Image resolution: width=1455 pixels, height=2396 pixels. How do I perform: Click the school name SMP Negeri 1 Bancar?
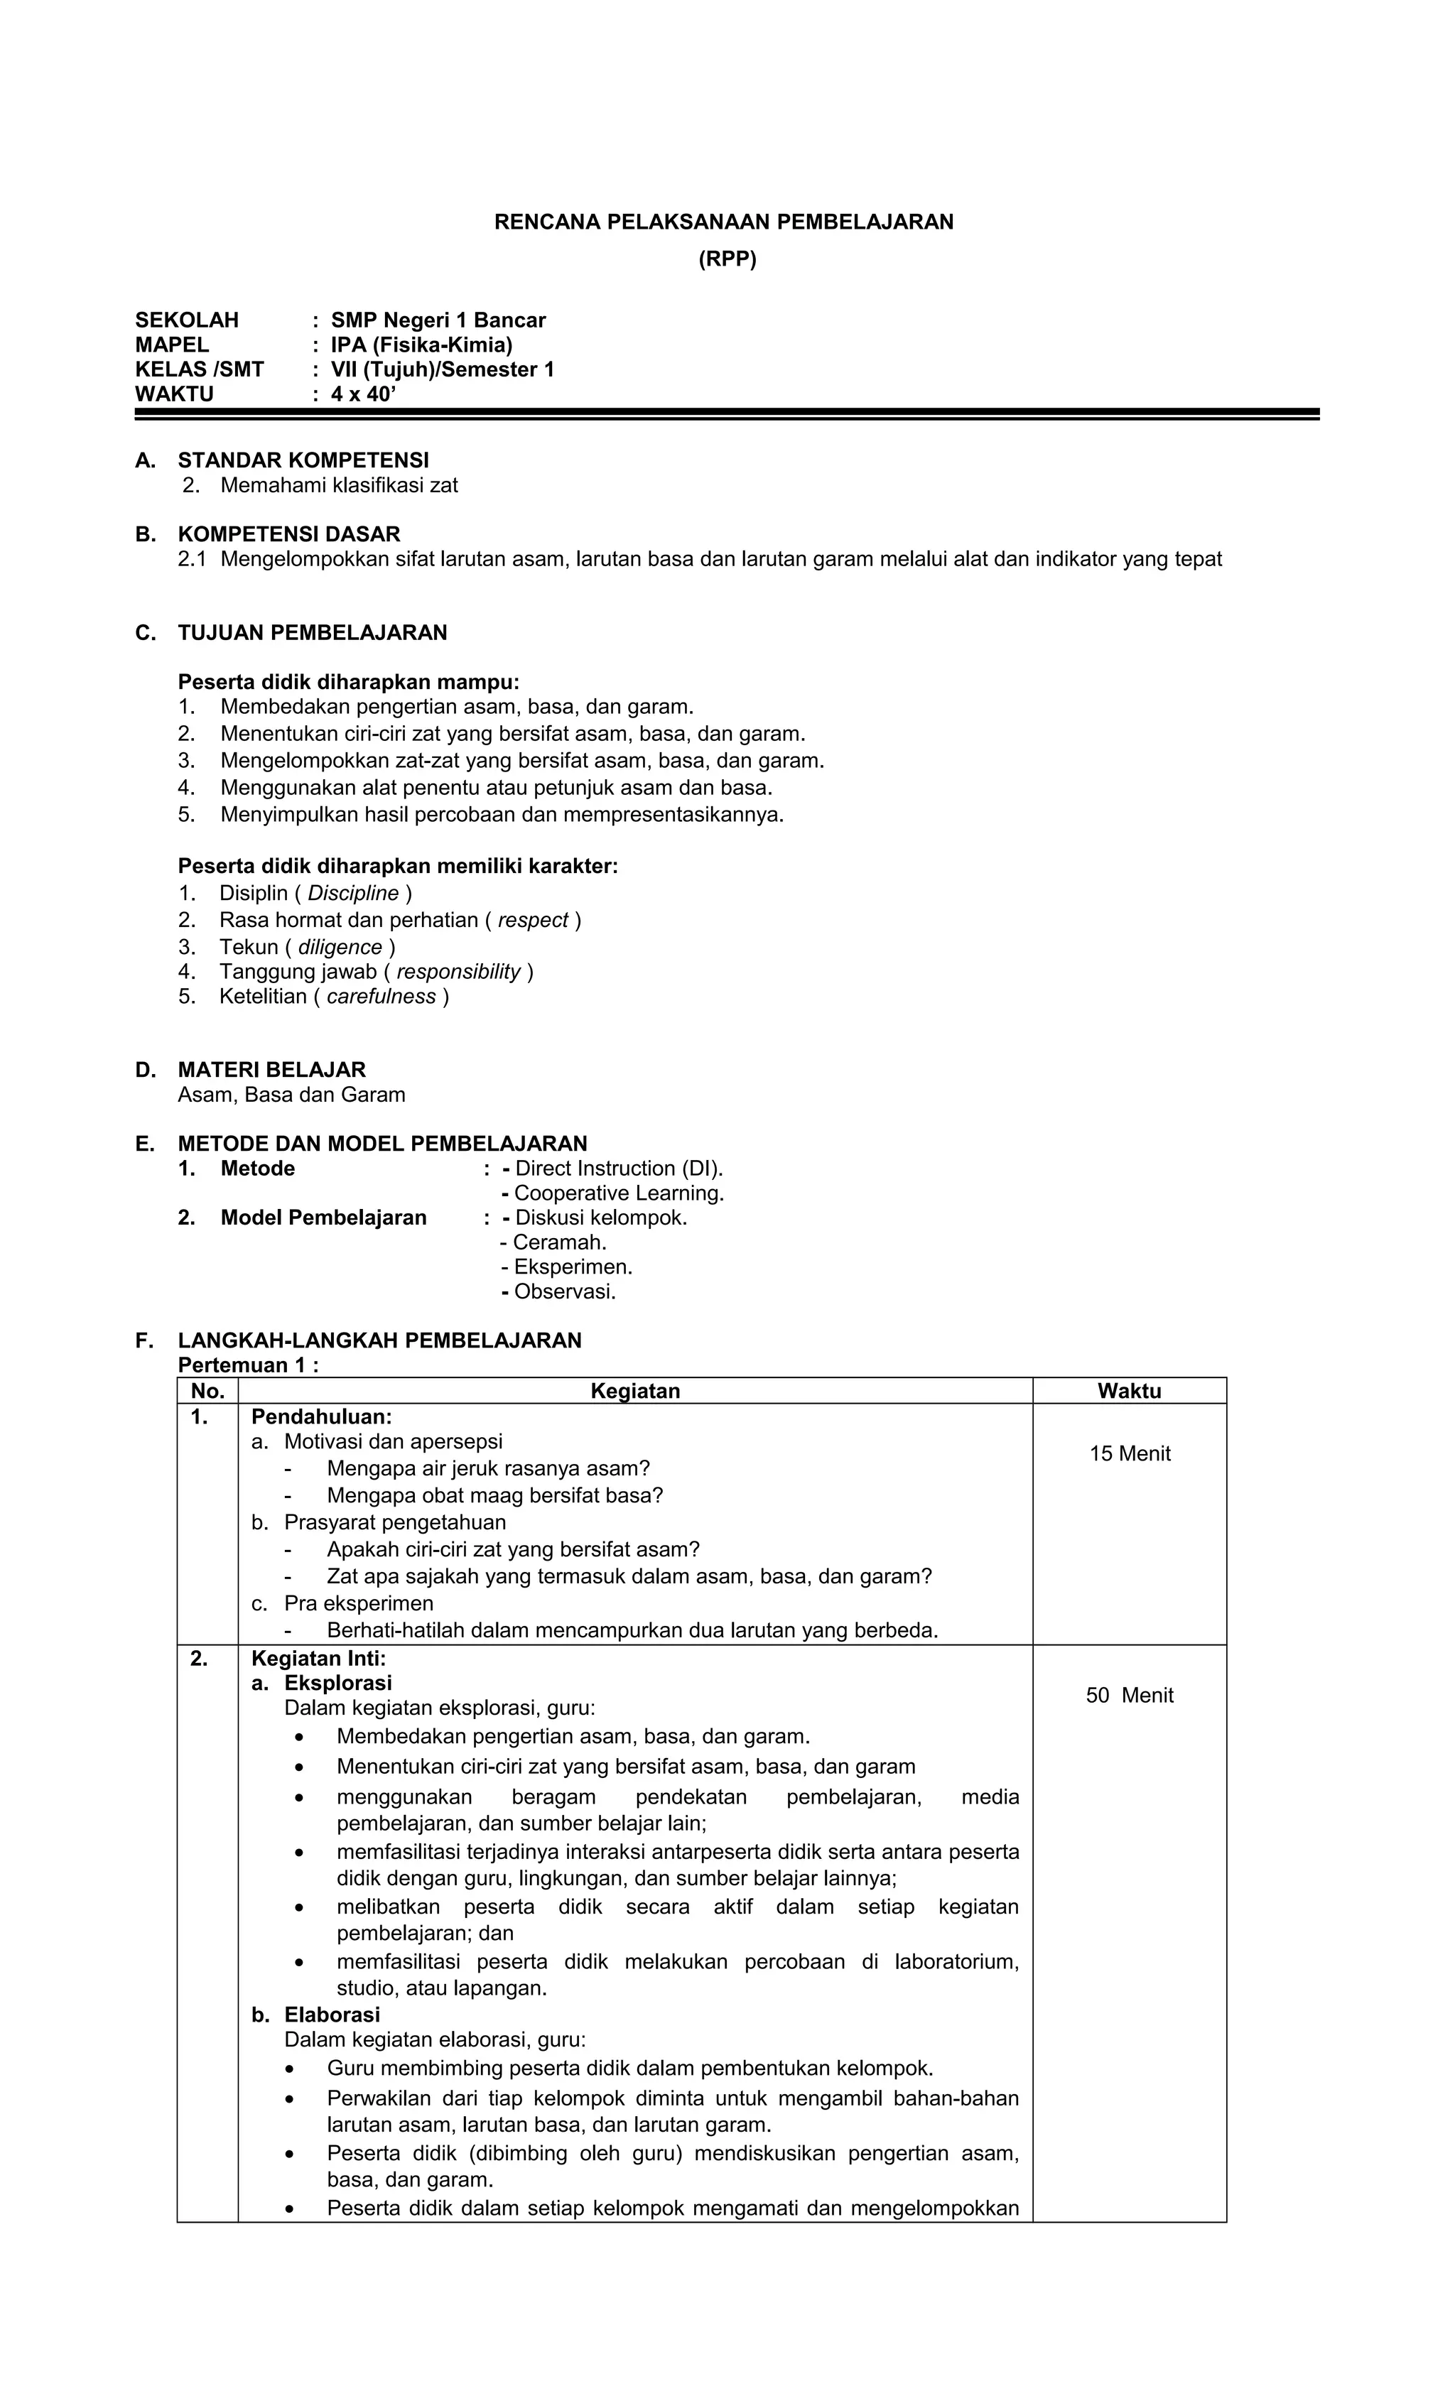[438, 320]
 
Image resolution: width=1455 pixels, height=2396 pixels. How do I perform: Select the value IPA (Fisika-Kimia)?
[421, 345]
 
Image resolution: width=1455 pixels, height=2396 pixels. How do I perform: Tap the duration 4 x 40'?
[364, 394]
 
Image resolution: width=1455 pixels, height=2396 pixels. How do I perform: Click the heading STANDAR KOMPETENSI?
[303, 460]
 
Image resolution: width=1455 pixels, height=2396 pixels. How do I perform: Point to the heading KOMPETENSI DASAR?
[289, 534]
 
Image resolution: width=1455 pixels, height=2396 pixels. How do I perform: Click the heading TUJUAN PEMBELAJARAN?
[312, 633]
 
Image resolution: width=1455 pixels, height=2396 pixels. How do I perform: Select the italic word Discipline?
[353, 893]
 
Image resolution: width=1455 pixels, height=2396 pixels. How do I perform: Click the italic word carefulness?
[382, 996]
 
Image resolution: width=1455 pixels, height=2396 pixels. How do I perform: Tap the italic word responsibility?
[458, 972]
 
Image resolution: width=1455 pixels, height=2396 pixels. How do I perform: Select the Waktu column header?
[1128, 1391]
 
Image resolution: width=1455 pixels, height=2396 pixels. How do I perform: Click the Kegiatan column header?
[635, 1391]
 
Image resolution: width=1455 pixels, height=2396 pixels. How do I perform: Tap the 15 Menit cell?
[1129, 1454]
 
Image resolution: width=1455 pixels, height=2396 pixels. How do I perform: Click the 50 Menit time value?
[1129, 1695]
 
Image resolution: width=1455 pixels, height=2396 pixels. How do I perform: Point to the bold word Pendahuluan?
[321, 1417]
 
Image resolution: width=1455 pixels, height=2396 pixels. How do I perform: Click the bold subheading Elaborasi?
[332, 2014]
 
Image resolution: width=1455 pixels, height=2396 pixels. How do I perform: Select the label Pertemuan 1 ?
[248, 1365]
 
